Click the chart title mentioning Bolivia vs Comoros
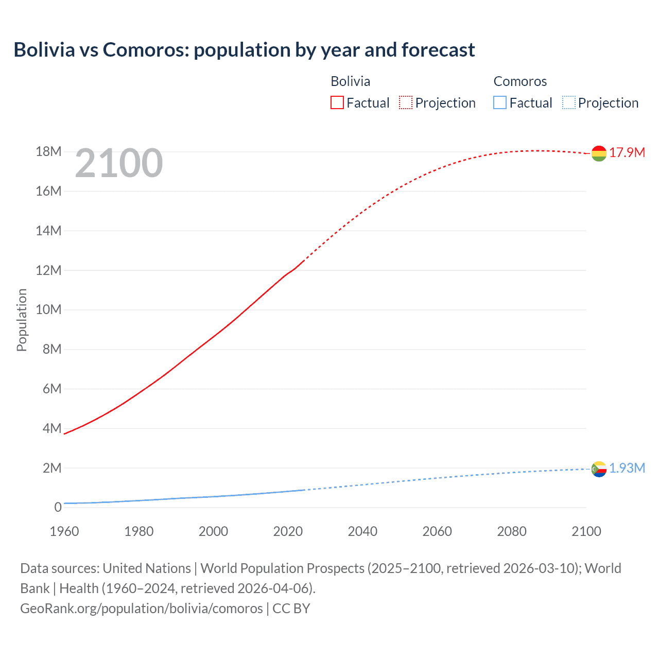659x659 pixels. pyautogui.click(x=244, y=50)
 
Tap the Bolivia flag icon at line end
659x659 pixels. pyautogui.click(x=599, y=153)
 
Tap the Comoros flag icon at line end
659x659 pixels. pyautogui.click(x=599, y=469)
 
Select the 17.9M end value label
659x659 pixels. pyautogui.click(x=627, y=152)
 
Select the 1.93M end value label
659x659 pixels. pyautogui.click(x=627, y=468)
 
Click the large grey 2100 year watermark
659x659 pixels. pyautogui.click(x=119, y=163)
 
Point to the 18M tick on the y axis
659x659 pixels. pyautogui.click(x=48, y=152)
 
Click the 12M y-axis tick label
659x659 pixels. pyautogui.click(x=48, y=270)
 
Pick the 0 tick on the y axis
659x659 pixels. pyautogui.click(x=58, y=508)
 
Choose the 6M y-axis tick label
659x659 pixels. pyautogui.click(x=51, y=389)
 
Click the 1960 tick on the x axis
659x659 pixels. pyautogui.click(x=64, y=531)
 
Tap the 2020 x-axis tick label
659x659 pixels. pyautogui.click(x=288, y=531)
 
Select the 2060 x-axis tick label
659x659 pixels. pyautogui.click(x=437, y=531)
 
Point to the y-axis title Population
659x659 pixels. pyautogui.click(x=22, y=320)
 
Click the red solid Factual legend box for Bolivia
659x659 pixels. pyautogui.click(x=337, y=103)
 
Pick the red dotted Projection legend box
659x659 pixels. pyautogui.click(x=406, y=103)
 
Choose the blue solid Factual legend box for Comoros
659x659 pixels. pyautogui.click(x=500, y=103)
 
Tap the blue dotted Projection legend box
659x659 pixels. pyautogui.click(x=569, y=103)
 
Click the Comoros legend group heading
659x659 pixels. pyautogui.click(x=520, y=81)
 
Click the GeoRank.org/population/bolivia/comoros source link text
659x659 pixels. pyautogui.click(x=142, y=609)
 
